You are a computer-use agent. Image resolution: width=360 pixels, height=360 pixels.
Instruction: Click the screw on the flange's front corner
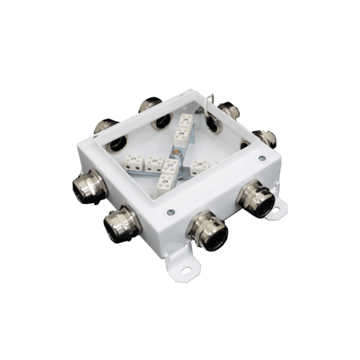click(171, 212)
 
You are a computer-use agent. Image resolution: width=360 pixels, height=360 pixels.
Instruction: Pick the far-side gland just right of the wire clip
click(229, 110)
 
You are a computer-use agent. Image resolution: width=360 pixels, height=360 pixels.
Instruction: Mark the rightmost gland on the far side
click(265, 137)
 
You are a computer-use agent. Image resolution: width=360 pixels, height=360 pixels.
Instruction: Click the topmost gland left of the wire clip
click(151, 104)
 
